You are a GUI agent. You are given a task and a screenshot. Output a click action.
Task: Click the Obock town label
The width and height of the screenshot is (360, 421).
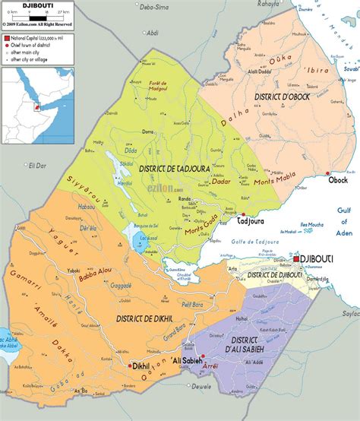coord(338,180)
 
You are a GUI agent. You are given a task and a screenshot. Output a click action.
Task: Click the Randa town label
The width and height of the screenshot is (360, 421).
coord(185,199)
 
